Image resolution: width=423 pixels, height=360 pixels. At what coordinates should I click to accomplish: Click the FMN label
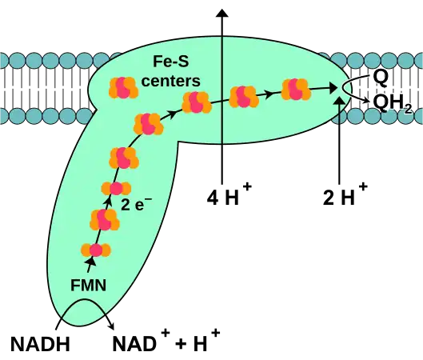[88, 284]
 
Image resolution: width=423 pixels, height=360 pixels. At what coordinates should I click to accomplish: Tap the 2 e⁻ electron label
[136, 204]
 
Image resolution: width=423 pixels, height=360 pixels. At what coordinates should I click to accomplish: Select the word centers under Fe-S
[170, 81]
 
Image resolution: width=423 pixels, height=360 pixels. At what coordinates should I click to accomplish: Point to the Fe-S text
[170, 62]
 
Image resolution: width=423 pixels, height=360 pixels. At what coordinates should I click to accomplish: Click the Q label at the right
[381, 76]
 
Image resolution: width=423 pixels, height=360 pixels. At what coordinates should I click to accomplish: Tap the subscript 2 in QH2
[408, 108]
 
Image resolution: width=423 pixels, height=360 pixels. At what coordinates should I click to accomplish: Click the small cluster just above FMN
[96, 250]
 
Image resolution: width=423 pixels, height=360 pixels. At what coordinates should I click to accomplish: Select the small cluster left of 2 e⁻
[116, 188]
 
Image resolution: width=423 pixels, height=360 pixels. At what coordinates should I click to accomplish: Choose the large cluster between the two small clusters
[105, 219]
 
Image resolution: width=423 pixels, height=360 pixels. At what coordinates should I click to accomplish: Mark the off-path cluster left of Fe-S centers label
[123, 88]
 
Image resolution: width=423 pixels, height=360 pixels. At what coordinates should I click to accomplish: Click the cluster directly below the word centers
[196, 102]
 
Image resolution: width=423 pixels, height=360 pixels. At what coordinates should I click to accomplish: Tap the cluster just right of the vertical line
[244, 97]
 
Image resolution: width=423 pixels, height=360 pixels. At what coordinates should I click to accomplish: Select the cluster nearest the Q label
[295, 90]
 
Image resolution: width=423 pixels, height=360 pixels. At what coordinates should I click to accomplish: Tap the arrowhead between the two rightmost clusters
[269, 94]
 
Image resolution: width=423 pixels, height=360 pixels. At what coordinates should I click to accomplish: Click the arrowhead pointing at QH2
[368, 99]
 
